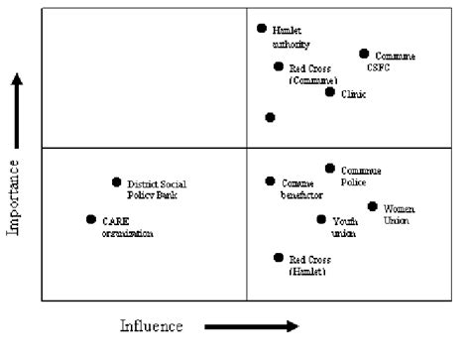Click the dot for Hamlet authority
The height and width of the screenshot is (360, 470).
click(x=262, y=30)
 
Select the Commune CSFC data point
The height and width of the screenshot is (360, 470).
click(x=364, y=54)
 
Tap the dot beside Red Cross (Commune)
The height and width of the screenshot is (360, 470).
click(x=279, y=66)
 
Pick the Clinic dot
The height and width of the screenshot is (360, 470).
click(x=330, y=91)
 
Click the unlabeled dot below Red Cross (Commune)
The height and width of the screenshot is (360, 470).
click(x=270, y=117)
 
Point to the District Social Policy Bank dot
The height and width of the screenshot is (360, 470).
click(x=117, y=181)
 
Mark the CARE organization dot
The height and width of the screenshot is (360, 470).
click(x=91, y=219)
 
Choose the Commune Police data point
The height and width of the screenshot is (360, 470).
click(x=330, y=169)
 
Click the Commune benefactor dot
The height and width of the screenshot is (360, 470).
click(x=270, y=181)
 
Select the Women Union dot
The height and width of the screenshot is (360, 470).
click(x=373, y=206)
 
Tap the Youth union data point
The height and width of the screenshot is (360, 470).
click(x=321, y=219)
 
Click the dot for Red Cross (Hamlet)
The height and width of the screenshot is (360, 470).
click(x=279, y=258)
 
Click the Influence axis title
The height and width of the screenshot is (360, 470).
click(x=153, y=325)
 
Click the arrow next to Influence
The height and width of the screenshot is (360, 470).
click(x=251, y=325)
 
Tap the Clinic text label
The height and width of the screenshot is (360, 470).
click(x=354, y=94)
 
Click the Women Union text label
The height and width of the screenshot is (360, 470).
click(x=400, y=214)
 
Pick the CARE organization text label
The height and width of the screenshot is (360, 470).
click(x=128, y=227)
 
